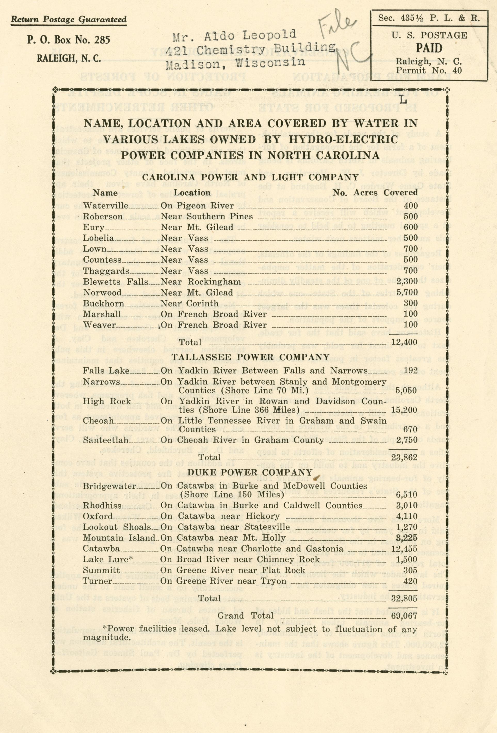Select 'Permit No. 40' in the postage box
coord(429,70)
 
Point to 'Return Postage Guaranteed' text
coord(69,20)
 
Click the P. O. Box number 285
coord(100,40)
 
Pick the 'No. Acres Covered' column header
coord(375,192)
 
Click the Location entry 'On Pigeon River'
coord(197,206)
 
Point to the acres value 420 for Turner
coord(410,581)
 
